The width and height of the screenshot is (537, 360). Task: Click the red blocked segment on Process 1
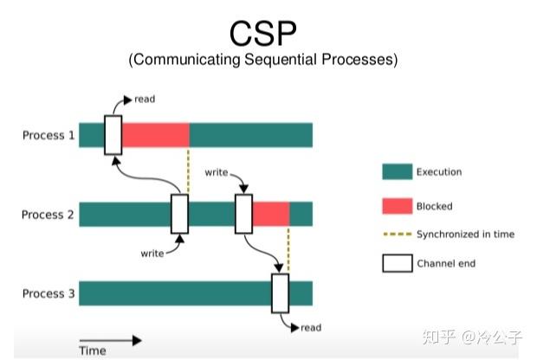[155, 135]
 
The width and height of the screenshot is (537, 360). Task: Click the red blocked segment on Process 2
[270, 214]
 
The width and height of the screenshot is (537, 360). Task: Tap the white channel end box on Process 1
[113, 134]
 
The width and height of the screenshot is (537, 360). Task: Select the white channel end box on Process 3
[280, 292]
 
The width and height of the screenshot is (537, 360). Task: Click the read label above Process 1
[145, 100]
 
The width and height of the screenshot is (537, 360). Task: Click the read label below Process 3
[311, 328]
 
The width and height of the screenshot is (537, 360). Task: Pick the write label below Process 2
[152, 254]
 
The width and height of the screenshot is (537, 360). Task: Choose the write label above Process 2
[217, 173]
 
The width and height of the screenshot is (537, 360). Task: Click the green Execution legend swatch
[397, 172]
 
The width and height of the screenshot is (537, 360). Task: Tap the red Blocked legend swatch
[397, 207]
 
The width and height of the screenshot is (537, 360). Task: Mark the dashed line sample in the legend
[397, 235]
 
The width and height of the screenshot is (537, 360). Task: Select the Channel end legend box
[397, 263]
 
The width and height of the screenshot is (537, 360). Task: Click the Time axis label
[93, 351]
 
